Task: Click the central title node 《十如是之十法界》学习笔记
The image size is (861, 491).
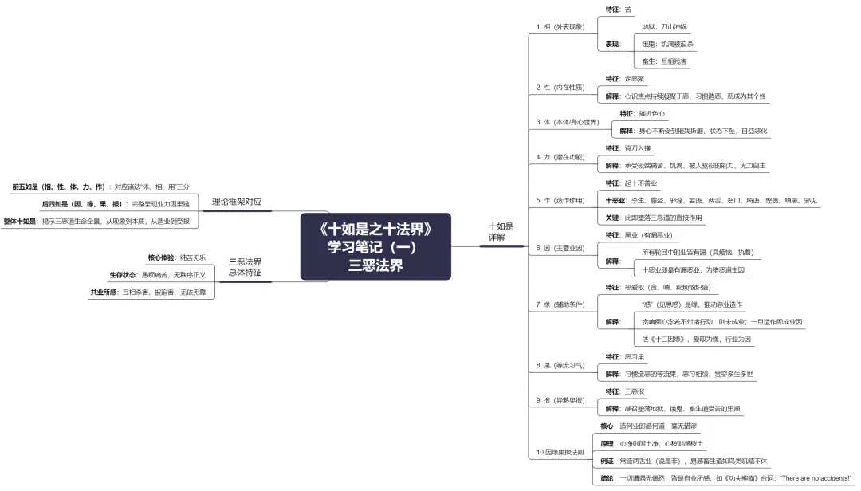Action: (375, 246)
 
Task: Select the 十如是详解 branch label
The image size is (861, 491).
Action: (501, 232)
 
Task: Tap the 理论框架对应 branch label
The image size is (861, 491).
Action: (236, 202)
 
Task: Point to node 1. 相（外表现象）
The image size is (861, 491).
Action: (560, 26)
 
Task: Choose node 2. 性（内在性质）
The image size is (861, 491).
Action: (559, 87)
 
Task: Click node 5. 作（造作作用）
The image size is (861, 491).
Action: (560, 200)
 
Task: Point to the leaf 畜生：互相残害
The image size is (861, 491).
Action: (664, 61)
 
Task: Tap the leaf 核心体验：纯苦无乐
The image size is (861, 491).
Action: (177, 257)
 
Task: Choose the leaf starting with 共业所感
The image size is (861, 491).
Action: (151, 293)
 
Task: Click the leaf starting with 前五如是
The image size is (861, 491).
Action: (100, 186)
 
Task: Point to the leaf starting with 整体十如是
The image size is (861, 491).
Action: (96, 221)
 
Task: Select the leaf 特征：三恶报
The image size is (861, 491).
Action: (625, 391)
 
